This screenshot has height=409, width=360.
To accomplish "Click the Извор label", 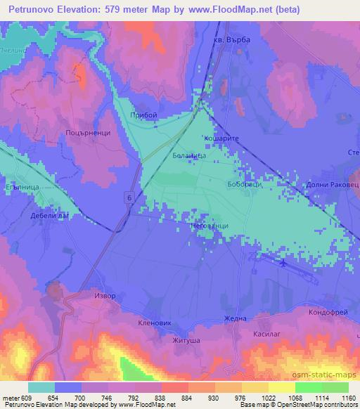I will coord(105,296).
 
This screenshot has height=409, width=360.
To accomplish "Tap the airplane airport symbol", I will coord(283,264).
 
